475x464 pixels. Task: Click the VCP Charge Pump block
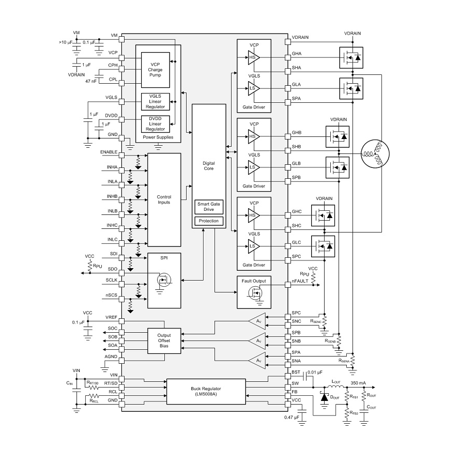(156, 70)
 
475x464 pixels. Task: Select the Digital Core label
(209, 166)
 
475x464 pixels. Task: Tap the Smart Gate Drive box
(209, 207)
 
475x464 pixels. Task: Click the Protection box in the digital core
(209, 221)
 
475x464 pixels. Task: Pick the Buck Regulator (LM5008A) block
(206, 391)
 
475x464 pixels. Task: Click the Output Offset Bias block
(164, 341)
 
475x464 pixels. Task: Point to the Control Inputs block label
(164, 199)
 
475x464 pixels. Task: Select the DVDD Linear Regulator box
(156, 124)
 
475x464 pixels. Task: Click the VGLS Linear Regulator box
(156, 101)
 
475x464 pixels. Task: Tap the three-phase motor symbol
(375, 153)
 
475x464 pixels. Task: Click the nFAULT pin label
(300, 281)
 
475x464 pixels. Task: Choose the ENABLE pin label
(109, 152)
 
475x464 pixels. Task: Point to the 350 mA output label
(358, 383)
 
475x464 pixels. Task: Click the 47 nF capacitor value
(91, 81)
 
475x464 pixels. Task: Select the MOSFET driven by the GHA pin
(351, 57)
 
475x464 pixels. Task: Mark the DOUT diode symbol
(325, 397)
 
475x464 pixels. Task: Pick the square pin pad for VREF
(121, 321)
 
